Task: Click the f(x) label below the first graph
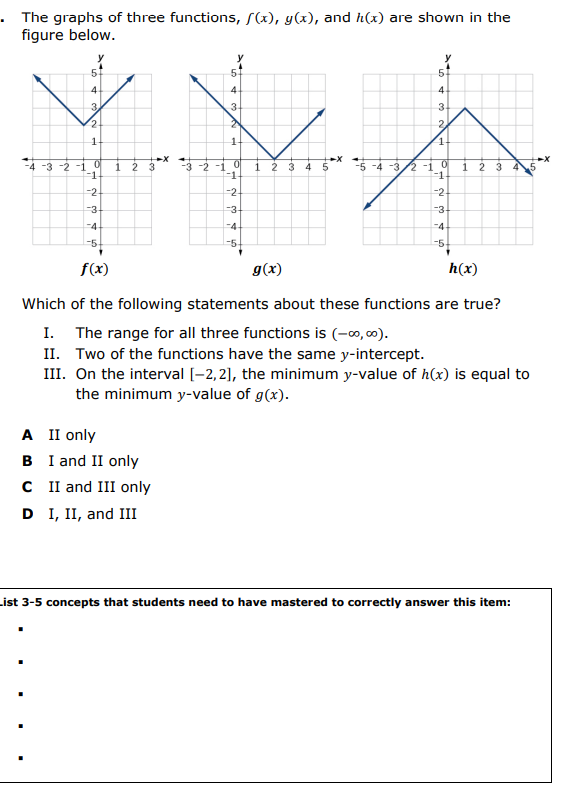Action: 95,269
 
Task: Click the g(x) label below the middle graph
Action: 267,269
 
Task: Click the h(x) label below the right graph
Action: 462,269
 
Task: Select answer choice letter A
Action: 27,435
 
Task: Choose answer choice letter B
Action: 27,461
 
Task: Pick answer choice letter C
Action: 27,487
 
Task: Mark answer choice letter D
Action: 27,514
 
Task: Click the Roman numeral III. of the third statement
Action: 55,375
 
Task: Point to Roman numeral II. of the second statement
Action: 54,354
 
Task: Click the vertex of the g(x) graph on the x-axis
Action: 273,158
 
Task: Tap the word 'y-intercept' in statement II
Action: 385,354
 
